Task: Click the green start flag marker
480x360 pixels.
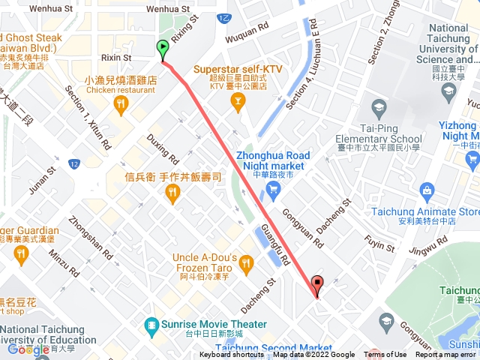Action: [x=163, y=49]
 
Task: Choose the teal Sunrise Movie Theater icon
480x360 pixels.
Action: [x=150, y=325]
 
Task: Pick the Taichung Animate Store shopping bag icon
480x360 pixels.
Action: [x=426, y=190]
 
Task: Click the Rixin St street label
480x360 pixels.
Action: [x=116, y=57]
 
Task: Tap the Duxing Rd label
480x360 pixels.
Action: [x=163, y=149]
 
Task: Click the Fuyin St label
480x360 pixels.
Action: [x=379, y=245]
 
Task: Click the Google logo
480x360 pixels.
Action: [x=28, y=349]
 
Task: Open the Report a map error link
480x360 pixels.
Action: [x=446, y=355]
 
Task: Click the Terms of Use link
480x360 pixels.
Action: [x=385, y=355]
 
